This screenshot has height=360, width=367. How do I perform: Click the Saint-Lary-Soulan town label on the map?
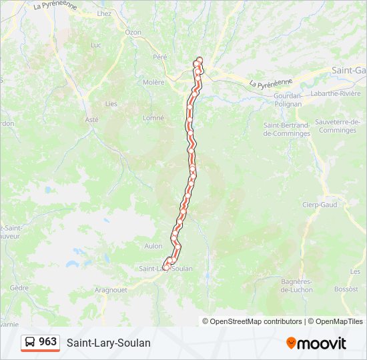tap(165, 269)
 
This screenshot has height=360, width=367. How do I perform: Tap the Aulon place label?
tap(153, 246)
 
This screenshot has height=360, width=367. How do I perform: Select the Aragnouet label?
tap(111, 291)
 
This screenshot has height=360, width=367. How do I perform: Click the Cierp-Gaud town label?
tap(320, 205)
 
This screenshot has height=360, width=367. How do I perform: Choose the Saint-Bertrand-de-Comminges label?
tap(286, 129)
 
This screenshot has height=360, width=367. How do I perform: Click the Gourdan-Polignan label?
tap(288, 99)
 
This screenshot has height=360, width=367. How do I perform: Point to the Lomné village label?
tap(153, 118)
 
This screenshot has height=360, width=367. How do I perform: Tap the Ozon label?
tap(133, 32)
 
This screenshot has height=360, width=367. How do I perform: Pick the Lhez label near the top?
tap(104, 13)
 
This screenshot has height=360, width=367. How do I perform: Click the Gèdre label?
tap(19, 288)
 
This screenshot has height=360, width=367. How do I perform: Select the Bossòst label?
tap(346, 289)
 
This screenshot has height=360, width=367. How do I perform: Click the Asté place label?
tap(92, 119)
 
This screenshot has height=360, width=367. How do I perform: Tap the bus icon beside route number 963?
tap(30, 342)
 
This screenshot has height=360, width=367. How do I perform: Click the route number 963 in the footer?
tap(48, 342)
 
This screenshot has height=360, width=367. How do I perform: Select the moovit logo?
tap(316, 343)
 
